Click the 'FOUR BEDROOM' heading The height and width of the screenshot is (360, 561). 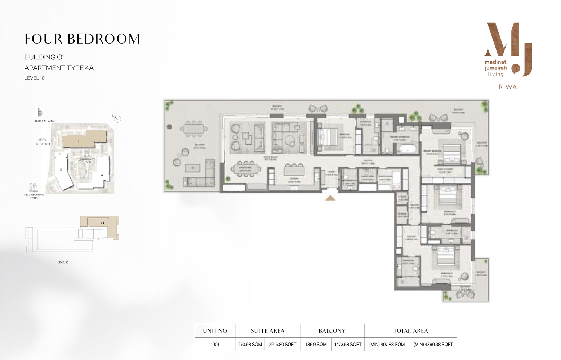click(82, 39)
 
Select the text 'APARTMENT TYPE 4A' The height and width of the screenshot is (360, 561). click(59, 68)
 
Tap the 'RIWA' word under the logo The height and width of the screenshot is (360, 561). click(508, 87)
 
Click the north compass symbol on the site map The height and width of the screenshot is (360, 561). click(117, 119)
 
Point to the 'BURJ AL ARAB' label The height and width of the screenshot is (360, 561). click(45, 121)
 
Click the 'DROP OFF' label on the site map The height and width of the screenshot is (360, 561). click(43, 144)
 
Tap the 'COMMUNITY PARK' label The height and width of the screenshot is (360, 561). click(88, 161)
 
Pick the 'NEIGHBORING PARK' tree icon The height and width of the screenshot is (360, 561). click(34, 187)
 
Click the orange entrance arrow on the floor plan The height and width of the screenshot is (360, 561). click(330, 198)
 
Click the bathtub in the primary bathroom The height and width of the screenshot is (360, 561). click(407, 149)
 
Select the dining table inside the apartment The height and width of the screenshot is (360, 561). click(245, 169)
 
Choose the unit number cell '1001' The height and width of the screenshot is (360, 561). click(215, 345)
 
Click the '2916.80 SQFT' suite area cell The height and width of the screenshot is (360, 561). click(282, 345)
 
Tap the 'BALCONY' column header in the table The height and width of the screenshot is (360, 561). click(332, 331)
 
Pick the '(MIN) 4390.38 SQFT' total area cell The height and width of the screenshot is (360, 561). click(433, 345)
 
